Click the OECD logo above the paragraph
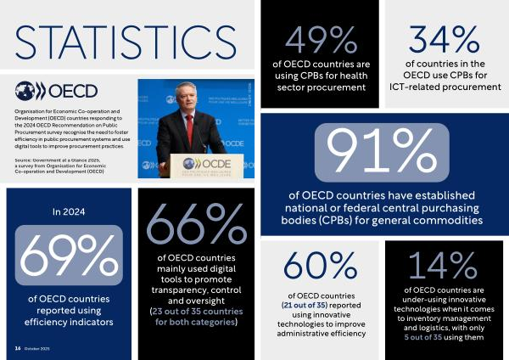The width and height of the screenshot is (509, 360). click(x=58, y=91)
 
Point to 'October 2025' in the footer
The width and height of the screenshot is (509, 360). click(x=39, y=349)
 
